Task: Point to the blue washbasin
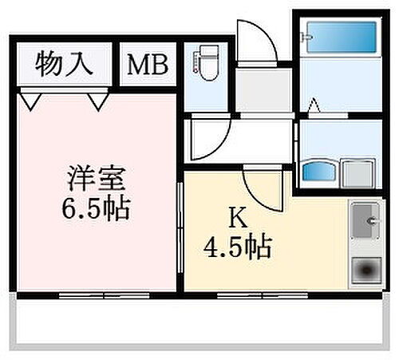(x=319, y=171)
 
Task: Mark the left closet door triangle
(x=33, y=101)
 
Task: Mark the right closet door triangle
(x=97, y=101)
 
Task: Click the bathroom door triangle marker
(x=315, y=103)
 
